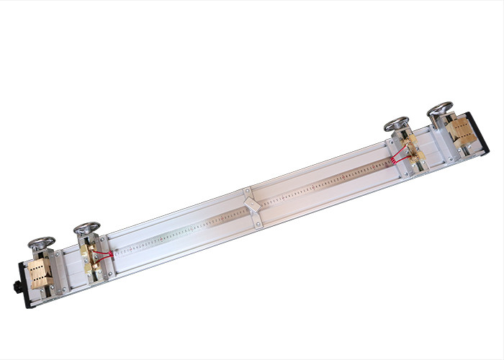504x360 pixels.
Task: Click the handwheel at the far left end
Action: click(41, 242)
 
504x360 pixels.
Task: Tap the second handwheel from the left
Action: click(86, 229)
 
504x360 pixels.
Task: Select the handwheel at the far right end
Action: click(440, 109)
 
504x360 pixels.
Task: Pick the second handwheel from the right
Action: click(396, 123)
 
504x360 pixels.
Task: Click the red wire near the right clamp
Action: click(398, 153)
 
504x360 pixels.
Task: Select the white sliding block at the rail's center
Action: click(251, 204)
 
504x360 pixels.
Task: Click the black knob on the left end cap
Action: click(16, 287)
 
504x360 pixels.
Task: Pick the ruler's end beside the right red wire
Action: click(389, 161)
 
